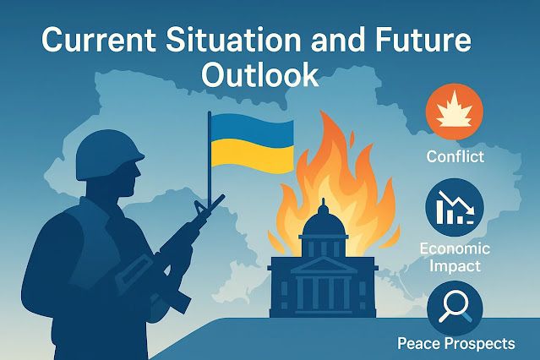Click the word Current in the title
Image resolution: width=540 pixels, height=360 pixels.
[x=99, y=40]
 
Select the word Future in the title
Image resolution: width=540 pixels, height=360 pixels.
[x=420, y=40]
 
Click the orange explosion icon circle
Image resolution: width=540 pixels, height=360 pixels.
[x=455, y=112]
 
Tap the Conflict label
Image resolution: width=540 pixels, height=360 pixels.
[x=455, y=156]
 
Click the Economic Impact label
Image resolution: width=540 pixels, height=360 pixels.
[x=455, y=258]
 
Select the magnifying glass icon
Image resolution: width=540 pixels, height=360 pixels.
[x=455, y=307]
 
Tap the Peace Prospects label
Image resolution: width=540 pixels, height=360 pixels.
[x=456, y=343]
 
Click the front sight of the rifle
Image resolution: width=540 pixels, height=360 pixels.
[x=199, y=207]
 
